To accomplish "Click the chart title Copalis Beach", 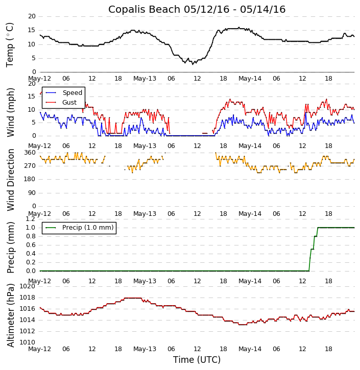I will pyautogui.click(x=197, y=10).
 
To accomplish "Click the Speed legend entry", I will pyautogui.click(x=72, y=93).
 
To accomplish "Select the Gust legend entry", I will pyautogui.click(x=69, y=103).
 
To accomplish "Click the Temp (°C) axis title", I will pyautogui.click(x=10, y=44).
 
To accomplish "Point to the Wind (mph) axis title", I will pyautogui.click(x=11, y=112).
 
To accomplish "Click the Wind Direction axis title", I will pyautogui.click(x=11, y=180).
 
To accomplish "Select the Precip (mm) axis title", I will pyautogui.click(x=11, y=247).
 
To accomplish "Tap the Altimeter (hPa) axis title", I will pyautogui.click(x=11, y=315).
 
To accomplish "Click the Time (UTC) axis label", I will pyautogui.click(x=197, y=360).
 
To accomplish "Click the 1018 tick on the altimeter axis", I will pyautogui.click(x=27, y=298).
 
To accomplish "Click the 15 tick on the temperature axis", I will pyautogui.click(x=32, y=30).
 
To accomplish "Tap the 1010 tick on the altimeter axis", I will pyautogui.click(x=27, y=342).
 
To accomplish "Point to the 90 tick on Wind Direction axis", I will pyautogui.click(x=32, y=192).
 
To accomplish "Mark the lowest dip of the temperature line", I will pyautogui.click(x=193, y=64).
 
